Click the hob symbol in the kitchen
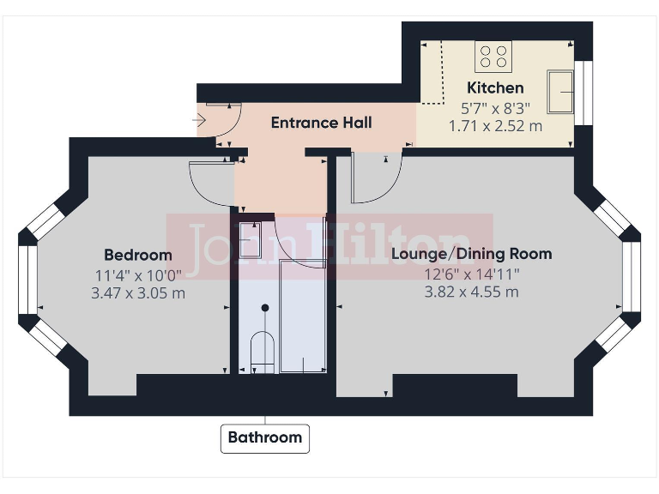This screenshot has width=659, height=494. click(493, 57)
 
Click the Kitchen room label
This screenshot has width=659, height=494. click(495, 87)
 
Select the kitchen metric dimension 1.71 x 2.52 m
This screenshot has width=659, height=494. click(495, 125)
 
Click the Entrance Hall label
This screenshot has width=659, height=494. click(321, 123)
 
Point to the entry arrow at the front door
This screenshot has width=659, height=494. click(200, 121)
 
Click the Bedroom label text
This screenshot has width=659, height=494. click(137, 255)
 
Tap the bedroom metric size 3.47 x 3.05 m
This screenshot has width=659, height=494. click(137, 292)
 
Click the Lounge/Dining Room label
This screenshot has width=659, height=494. click(471, 254)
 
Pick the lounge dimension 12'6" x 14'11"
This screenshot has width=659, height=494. click(471, 274)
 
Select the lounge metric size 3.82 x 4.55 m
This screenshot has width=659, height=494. click(471, 292)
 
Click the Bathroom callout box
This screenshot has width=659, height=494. click(264, 437)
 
